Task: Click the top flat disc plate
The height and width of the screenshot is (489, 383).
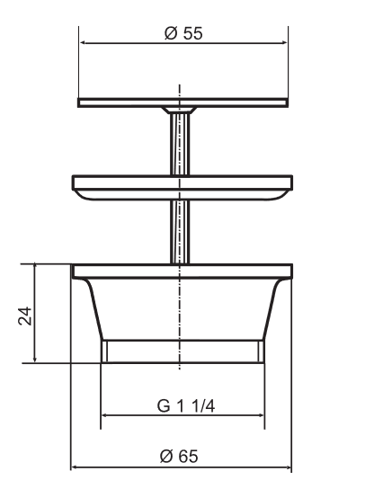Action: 183,102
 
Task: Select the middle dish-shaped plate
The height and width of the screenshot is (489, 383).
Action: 183,185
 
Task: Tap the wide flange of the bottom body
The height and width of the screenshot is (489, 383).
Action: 182,271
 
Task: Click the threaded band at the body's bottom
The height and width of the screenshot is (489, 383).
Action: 183,351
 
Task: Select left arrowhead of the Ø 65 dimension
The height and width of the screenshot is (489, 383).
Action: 76,467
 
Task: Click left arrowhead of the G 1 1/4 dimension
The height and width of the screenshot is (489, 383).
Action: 106,415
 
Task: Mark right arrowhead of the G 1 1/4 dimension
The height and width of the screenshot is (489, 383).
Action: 260,415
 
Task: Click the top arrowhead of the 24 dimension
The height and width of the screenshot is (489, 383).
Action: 35,268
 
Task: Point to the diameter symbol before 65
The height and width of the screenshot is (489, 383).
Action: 165,456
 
